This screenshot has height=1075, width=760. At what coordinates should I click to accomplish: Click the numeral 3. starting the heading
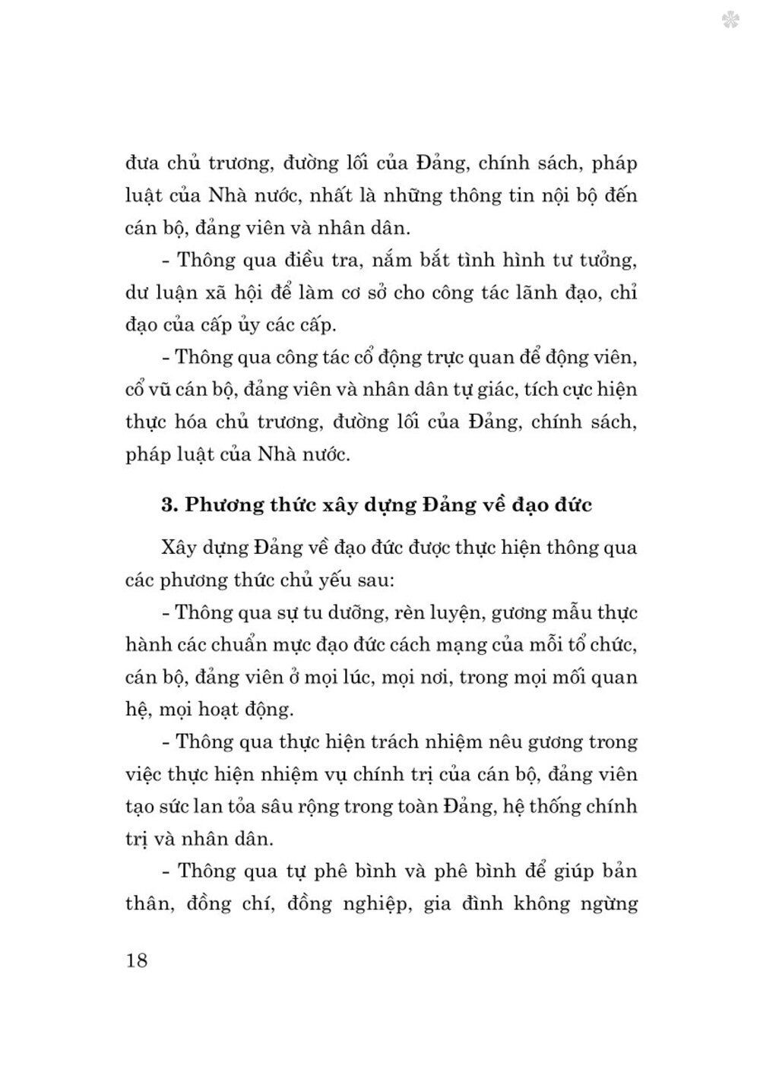(x=169, y=504)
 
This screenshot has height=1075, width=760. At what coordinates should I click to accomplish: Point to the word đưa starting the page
(x=142, y=163)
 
